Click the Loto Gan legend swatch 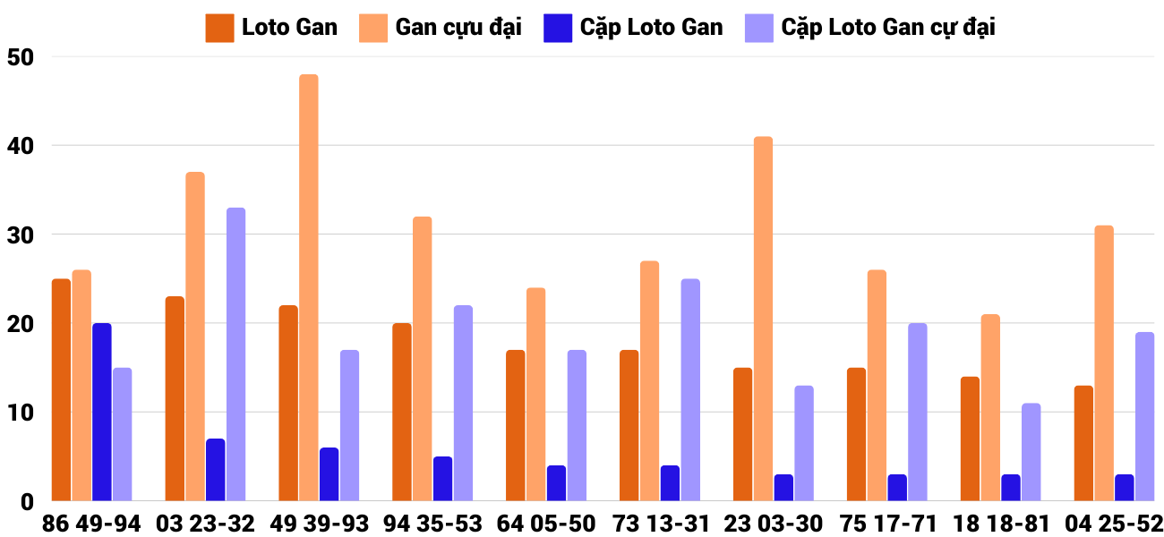tap(219, 28)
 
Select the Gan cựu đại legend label tap(458, 28)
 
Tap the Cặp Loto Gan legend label tap(651, 28)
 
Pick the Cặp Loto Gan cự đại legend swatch tap(759, 28)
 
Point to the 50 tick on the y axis tap(19, 57)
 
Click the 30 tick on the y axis tap(19, 235)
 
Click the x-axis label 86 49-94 tap(91, 524)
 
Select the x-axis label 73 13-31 tap(659, 524)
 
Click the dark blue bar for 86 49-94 tap(102, 412)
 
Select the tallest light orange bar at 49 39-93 tap(309, 287)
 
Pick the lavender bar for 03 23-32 tap(235, 354)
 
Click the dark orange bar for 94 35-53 tap(402, 412)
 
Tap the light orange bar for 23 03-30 tap(763, 319)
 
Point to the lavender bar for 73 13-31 tap(690, 389)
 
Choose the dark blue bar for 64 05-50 tap(557, 483)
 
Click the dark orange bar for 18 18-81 tap(970, 439)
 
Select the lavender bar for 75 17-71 tap(918, 412)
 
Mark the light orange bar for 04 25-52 tap(1104, 362)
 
